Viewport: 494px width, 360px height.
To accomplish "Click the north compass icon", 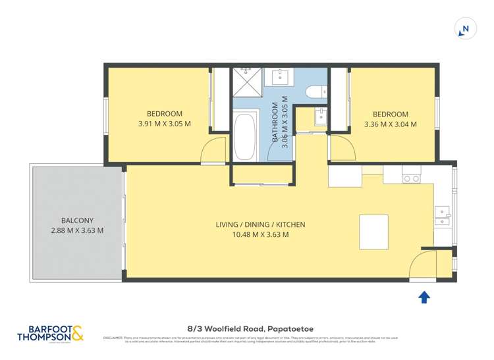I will pyautogui.click(x=465, y=29).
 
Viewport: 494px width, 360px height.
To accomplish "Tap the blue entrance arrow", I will pyautogui.click(x=424, y=297).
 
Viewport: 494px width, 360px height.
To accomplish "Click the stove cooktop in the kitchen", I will pyautogui.click(x=411, y=177).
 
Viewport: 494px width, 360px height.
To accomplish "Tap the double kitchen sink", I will pyautogui.click(x=443, y=215).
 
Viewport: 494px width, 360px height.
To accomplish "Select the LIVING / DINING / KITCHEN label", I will pyautogui.click(x=260, y=224).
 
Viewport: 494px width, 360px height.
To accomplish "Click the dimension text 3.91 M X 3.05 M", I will pyautogui.click(x=165, y=124).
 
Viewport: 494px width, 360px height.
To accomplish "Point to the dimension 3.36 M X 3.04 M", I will pyautogui.click(x=390, y=124).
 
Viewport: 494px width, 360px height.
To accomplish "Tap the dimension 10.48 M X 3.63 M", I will pyautogui.click(x=260, y=234).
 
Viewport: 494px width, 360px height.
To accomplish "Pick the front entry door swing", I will pyautogui.click(x=422, y=265).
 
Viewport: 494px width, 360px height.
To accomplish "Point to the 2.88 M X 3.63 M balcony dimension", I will pyautogui.click(x=76, y=230).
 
